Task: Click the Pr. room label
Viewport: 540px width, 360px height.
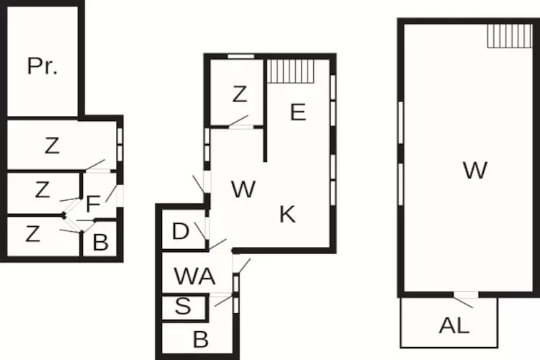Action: point(42,66)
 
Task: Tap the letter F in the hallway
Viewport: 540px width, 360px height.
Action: point(92,204)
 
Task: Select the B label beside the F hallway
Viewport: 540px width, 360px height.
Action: point(101,242)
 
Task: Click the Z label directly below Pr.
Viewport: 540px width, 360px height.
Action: point(51,145)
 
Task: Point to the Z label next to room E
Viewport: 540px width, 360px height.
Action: point(240,94)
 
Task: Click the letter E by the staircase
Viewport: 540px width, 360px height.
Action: point(298,112)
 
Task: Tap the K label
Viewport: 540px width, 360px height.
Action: point(287,214)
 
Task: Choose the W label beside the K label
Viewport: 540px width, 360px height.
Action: point(243,190)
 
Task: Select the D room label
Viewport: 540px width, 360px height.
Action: point(181,232)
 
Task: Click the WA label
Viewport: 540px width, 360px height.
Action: point(194,276)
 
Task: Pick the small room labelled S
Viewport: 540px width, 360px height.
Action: point(184,307)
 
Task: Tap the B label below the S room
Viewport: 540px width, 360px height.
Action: point(201,338)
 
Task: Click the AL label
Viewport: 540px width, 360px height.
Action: point(454,325)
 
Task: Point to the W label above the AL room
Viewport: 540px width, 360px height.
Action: point(475,171)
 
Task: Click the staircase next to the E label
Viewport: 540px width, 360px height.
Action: point(292,71)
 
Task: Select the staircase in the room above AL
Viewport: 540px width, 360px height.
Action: point(509,35)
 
